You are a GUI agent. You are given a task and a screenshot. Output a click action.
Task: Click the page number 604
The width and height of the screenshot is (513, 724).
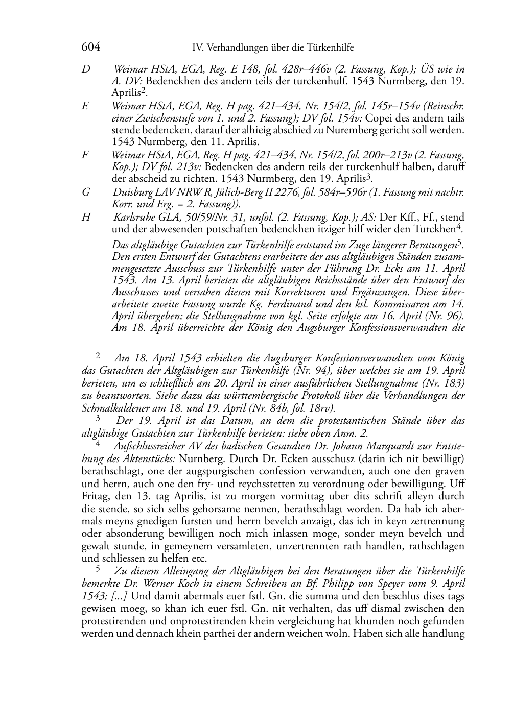91,47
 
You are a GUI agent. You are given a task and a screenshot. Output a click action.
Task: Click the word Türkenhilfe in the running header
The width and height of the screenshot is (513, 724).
330,48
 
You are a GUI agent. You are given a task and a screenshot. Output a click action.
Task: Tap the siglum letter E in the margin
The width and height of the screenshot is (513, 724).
85,106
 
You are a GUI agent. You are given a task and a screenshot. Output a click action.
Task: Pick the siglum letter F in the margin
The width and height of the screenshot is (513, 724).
85,155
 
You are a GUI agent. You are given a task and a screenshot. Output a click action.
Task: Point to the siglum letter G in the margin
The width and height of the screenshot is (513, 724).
86,192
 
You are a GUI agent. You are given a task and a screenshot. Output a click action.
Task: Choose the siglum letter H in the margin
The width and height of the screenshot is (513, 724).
86,217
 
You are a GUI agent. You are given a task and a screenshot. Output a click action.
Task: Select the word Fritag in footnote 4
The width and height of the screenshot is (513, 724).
95,496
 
